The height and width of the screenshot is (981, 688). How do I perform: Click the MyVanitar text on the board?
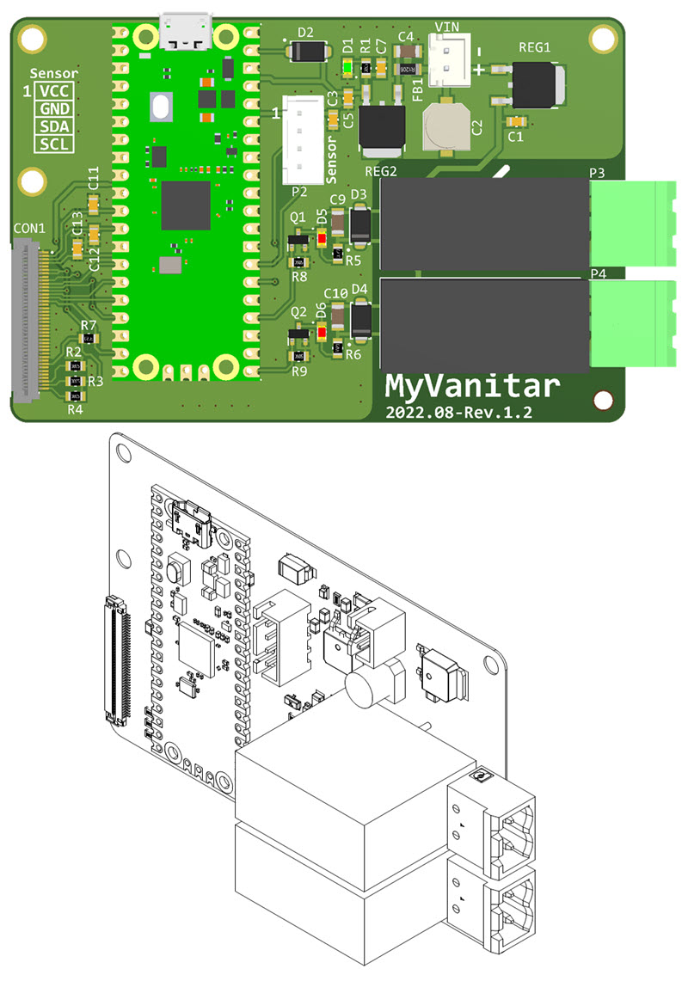(471, 385)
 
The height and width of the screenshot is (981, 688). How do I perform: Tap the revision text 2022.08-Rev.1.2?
(459, 413)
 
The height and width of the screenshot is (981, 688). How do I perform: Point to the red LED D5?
(322, 241)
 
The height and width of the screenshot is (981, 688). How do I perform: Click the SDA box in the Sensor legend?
(55, 126)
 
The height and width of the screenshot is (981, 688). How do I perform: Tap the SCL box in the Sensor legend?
(55, 144)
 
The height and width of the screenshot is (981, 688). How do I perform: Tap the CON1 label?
(31, 229)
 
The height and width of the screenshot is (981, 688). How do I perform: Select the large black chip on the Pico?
(186, 205)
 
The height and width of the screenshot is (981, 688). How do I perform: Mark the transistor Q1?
(298, 236)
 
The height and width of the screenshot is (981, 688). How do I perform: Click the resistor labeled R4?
(76, 395)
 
